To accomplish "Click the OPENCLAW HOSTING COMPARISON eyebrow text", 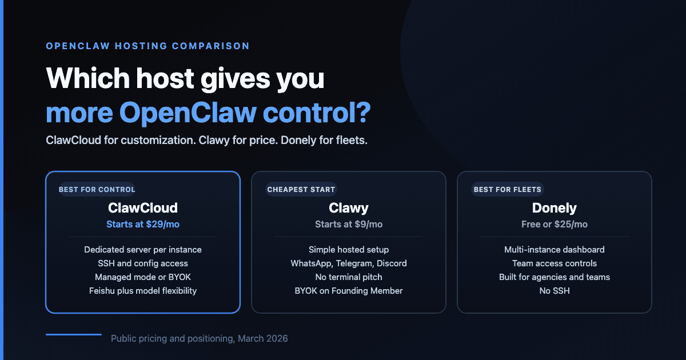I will pyautogui.click(x=147, y=46).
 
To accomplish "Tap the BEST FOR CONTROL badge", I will pyautogui.click(x=97, y=189).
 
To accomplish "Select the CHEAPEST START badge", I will pyautogui.click(x=301, y=189).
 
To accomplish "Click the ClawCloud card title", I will pyautogui.click(x=143, y=207).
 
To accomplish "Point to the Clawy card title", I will pyautogui.click(x=349, y=207).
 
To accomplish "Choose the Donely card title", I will pyautogui.click(x=555, y=207).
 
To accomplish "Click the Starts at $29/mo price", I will pyautogui.click(x=143, y=224).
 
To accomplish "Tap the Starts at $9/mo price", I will pyautogui.click(x=349, y=224).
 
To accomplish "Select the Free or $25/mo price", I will pyautogui.click(x=555, y=224).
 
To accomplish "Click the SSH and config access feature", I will pyautogui.click(x=143, y=263).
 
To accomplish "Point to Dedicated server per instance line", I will pyautogui.click(x=143, y=250).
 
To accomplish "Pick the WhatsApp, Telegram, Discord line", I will pyautogui.click(x=349, y=263).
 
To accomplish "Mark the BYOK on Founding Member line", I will pyautogui.click(x=349, y=291).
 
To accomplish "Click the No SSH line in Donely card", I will pyautogui.click(x=555, y=291).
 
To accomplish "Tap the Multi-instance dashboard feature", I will pyautogui.click(x=555, y=250).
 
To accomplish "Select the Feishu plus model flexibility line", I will pyautogui.click(x=143, y=291).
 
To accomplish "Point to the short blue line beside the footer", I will pyautogui.click(x=73, y=334).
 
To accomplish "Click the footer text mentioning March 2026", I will pyautogui.click(x=200, y=339).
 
